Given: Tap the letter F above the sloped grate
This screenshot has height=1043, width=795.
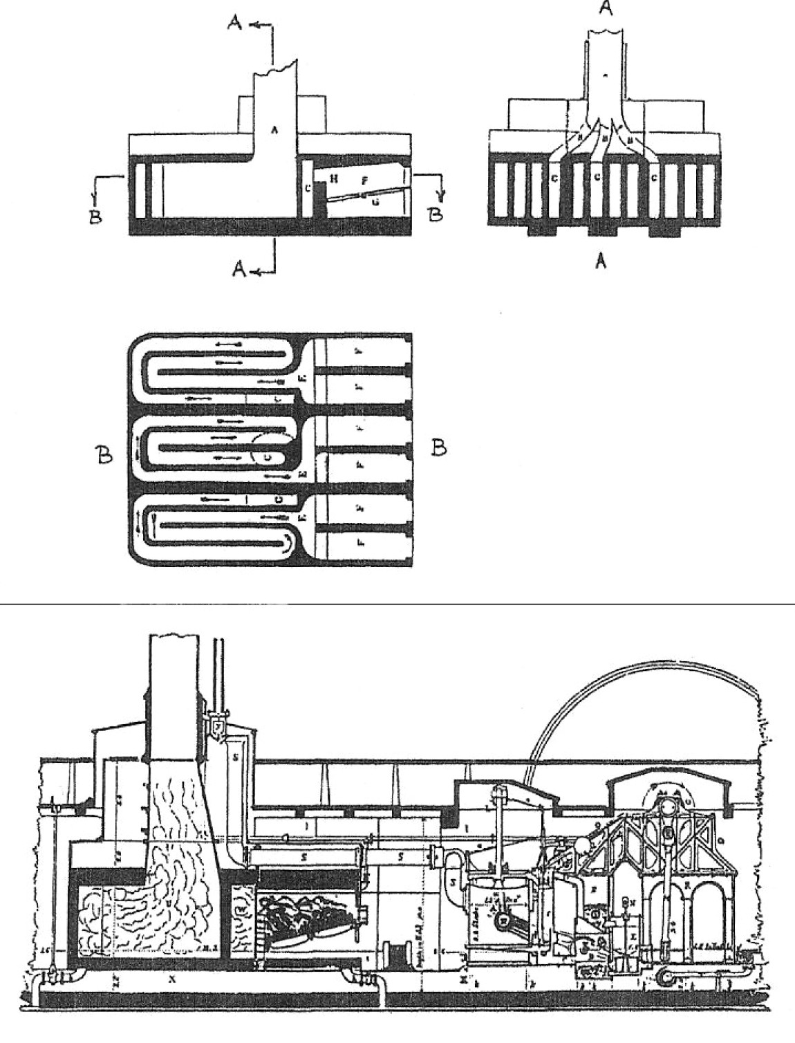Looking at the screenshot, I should click(364, 180).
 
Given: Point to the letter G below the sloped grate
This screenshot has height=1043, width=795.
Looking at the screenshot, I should click(375, 202).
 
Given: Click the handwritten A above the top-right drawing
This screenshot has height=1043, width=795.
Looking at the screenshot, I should click(606, 9).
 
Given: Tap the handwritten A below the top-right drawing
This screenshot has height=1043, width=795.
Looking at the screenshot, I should click(601, 261).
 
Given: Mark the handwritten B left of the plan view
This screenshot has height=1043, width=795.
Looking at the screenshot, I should click(104, 457).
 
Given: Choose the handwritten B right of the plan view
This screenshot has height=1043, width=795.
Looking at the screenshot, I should click(438, 448).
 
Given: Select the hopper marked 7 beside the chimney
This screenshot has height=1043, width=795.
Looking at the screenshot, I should click(218, 728).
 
